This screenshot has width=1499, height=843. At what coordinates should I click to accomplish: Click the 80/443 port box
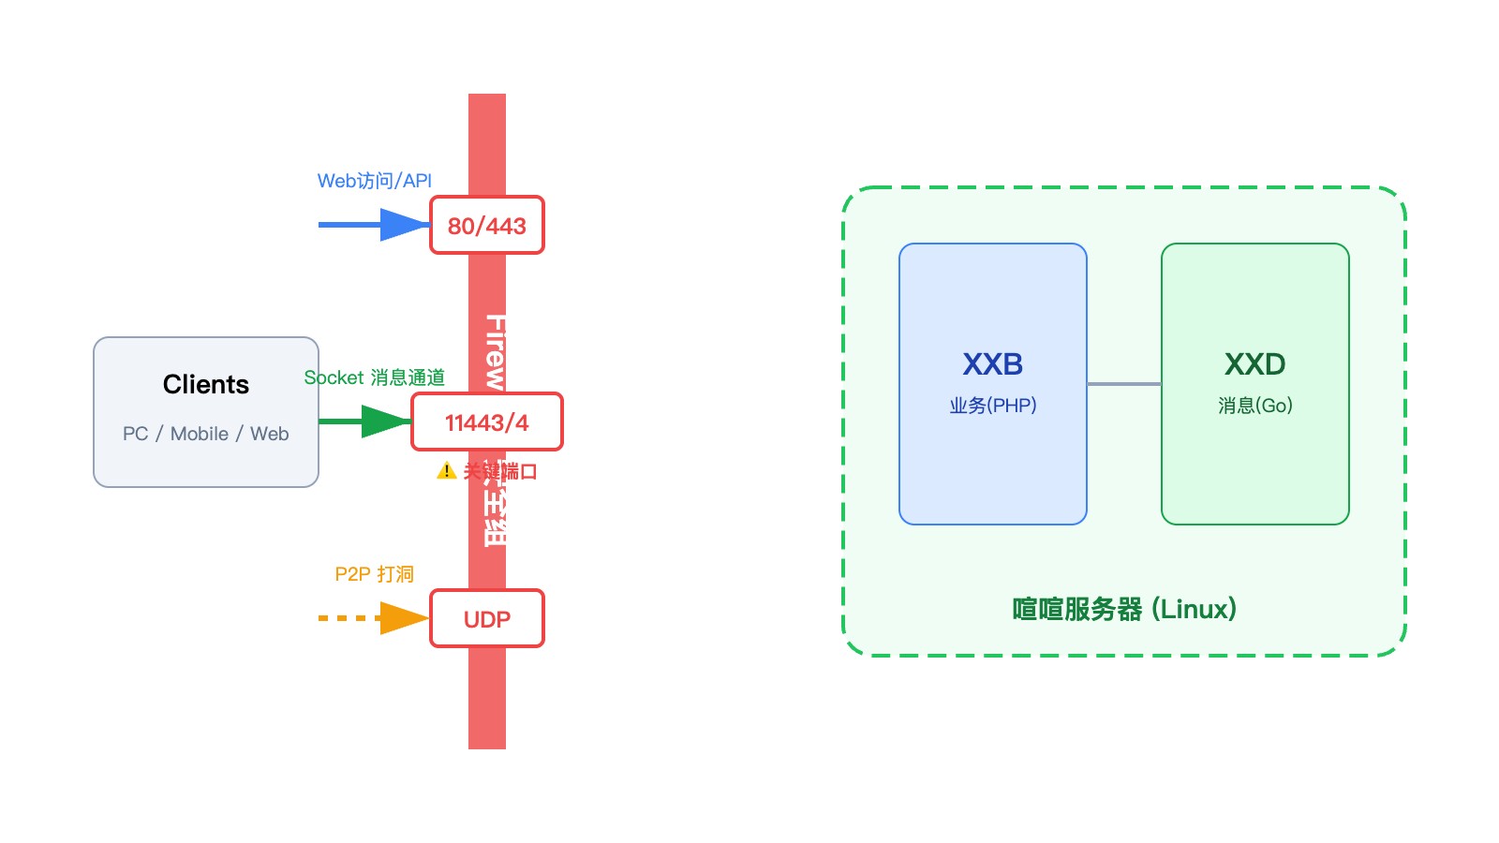point(487,225)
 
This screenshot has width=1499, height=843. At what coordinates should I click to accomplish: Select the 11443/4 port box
point(487,421)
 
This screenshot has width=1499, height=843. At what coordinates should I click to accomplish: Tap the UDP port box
point(487,618)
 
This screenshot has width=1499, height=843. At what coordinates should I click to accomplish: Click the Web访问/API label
point(375,181)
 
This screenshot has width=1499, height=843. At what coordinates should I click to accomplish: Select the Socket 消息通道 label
point(375,377)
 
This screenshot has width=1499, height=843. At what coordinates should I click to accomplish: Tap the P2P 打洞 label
point(375,574)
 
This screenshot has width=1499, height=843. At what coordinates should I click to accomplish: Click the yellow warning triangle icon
point(447,470)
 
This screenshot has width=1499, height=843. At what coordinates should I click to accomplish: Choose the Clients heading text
point(206,384)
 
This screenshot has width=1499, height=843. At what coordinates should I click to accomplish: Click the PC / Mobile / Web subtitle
point(206,434)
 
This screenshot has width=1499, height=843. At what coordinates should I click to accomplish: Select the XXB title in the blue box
point(993,363)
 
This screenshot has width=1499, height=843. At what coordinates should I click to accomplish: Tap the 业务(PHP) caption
point(993,406)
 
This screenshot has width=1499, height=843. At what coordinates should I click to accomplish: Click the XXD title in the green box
point(1255,363)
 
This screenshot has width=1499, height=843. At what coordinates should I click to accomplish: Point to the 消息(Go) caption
point(1255,406)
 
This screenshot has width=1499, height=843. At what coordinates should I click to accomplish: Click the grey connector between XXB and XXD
point(1124,384)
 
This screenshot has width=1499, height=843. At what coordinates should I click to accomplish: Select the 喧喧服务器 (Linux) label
point(1124,609)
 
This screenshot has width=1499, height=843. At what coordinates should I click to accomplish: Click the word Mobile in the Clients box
point(200,434)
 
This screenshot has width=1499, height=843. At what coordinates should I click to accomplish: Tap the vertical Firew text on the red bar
point(495,351)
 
